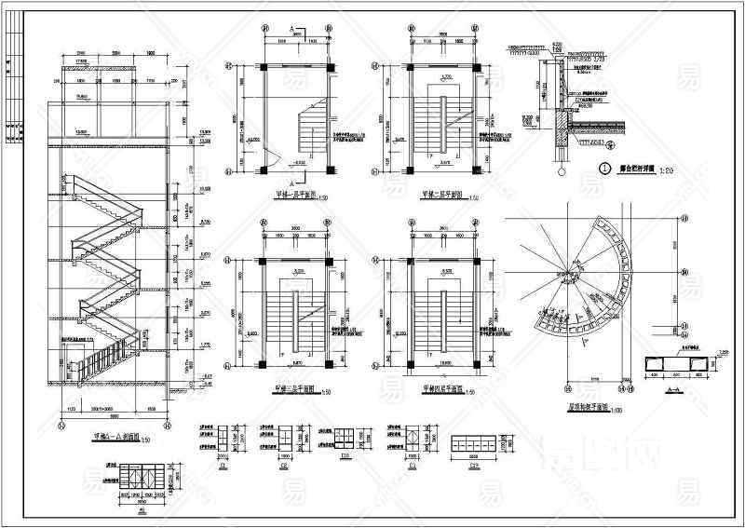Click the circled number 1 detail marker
point(604,169)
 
